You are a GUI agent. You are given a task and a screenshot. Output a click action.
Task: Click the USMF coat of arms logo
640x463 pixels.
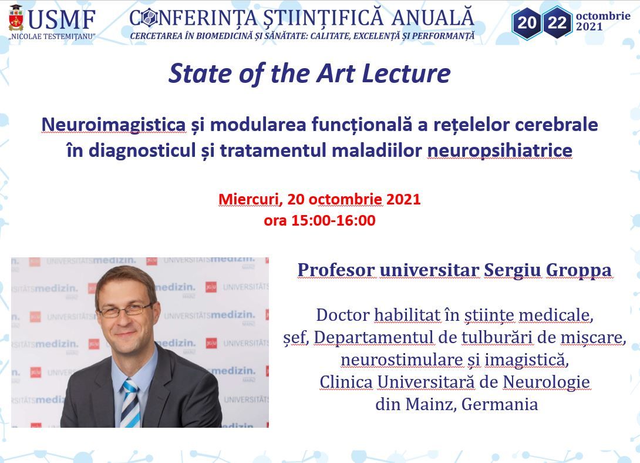coord(16,18)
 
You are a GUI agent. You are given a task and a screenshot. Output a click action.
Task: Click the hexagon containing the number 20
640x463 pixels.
coord(527,23)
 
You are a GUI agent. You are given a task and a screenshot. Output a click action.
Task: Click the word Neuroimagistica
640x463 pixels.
coord(113,125)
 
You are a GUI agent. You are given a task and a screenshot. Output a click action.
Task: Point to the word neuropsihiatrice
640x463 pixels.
coord(500,150)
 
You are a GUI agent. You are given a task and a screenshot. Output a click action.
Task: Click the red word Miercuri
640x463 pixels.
coord(248,199)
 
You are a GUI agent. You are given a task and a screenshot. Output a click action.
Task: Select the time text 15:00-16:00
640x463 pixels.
coord(333,220)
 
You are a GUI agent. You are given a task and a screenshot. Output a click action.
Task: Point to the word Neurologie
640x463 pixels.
coord(546,383)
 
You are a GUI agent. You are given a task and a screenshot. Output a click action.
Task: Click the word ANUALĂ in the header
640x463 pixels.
coord(433,18)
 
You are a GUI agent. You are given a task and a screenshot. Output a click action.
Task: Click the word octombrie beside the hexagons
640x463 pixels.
coord(603,16)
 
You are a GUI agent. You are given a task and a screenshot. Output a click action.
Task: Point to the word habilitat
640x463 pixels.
coord(407,315)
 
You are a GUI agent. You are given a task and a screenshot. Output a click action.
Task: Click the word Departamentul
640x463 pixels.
coord(373,338)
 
